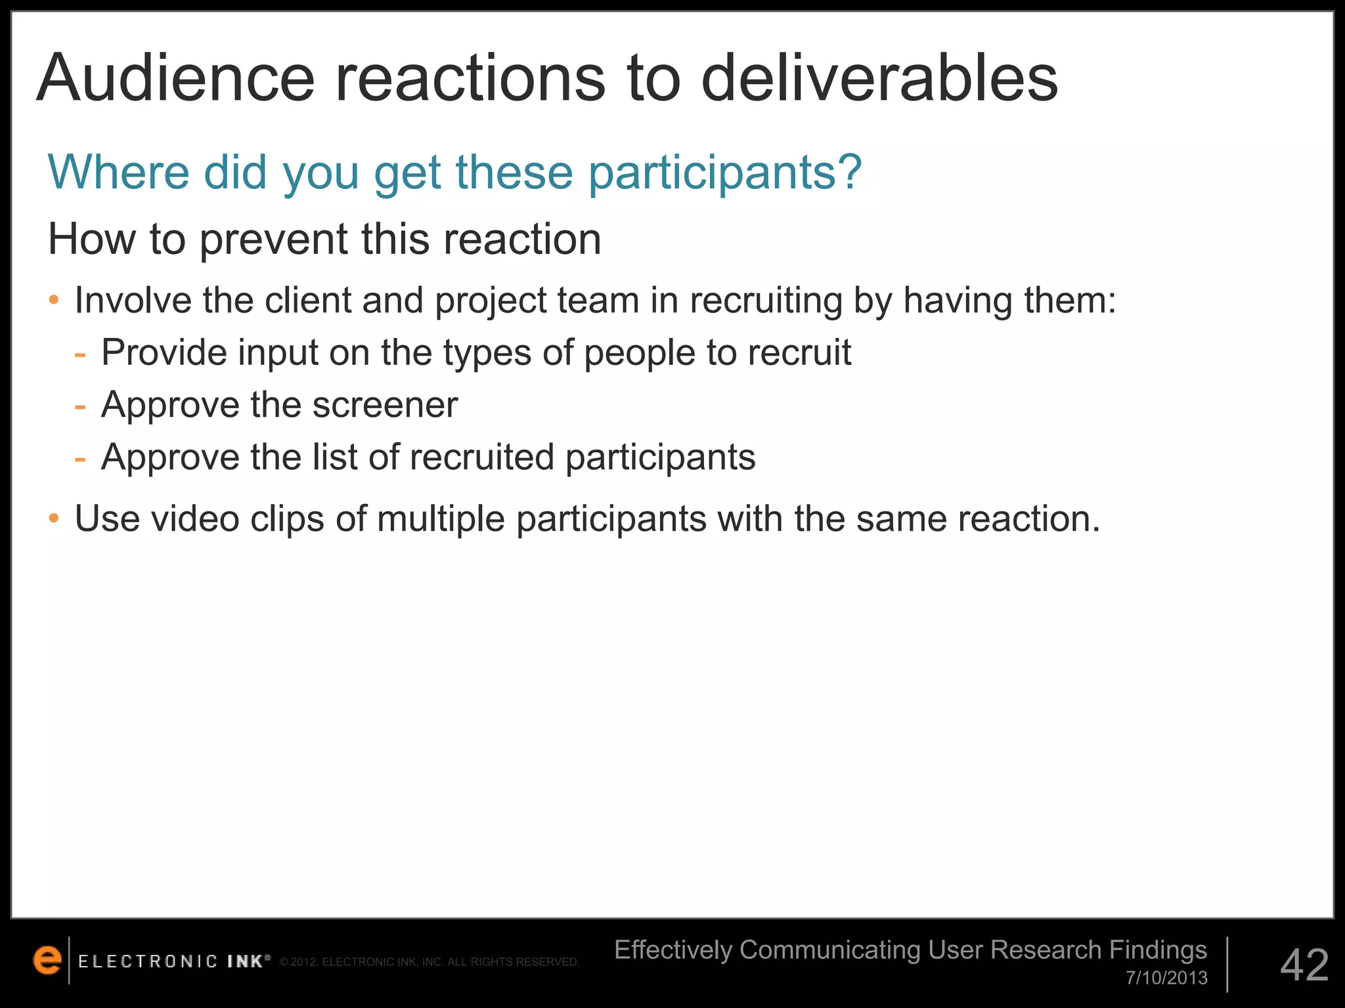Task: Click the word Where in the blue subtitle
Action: point(119,171)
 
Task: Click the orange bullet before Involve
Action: point(54,301)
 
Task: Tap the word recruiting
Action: point(766,302)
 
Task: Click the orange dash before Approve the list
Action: point(80,459)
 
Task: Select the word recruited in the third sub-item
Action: point(482,457)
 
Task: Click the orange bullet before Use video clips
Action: point(54,519)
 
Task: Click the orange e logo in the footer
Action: point(47,960)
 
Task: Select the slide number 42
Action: point(1304,965)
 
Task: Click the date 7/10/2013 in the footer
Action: point(1166,978)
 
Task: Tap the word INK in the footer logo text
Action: point(246,961)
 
